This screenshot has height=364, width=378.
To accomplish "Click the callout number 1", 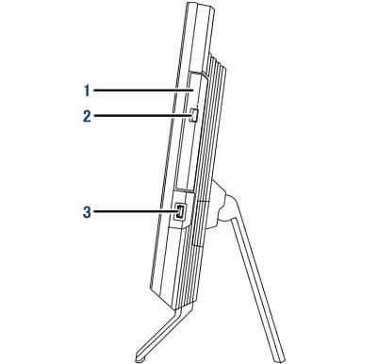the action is click(87, 91).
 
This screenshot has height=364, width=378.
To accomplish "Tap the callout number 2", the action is click(87, 116).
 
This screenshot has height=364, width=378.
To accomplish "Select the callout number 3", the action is click(87, 212).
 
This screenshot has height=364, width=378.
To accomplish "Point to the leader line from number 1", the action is click(143, 91).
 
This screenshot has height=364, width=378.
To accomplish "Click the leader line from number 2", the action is click(141, 116).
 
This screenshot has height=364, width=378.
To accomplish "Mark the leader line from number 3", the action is click(135, 211).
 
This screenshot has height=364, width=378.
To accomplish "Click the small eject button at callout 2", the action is click(194, 115).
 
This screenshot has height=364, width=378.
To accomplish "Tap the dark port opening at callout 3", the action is click(180, 211).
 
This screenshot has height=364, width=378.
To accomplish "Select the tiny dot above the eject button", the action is click(197, 103).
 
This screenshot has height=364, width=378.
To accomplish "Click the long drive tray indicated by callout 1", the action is click(191, 131).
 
